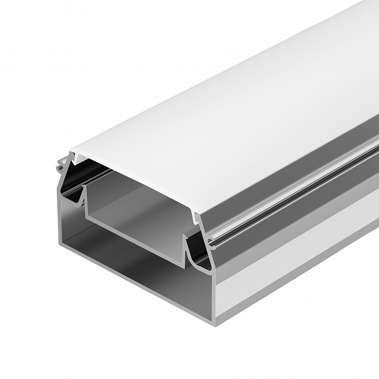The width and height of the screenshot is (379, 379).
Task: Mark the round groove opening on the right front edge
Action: pyautogui.click(x=211, y=242)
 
